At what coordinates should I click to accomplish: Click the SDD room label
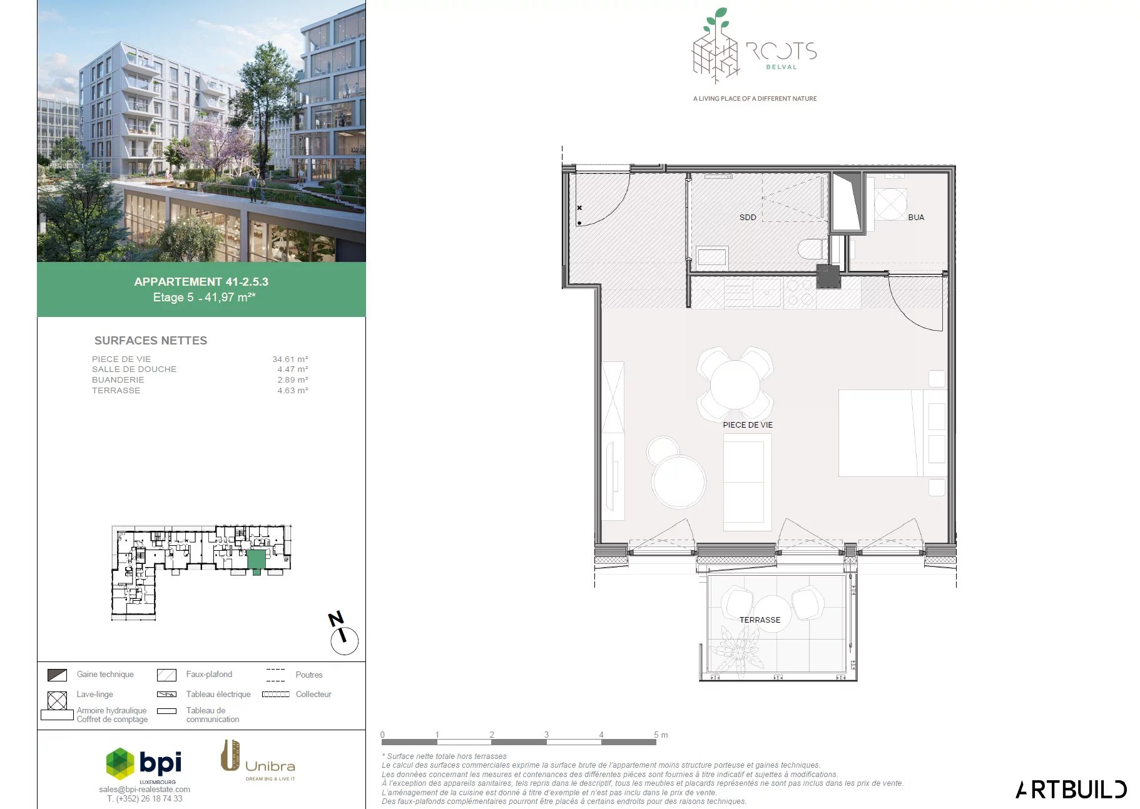(x=748, y=218)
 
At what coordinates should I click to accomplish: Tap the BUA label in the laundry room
(x=916, y=218)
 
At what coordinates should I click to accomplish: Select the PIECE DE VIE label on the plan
(x=748, y=425)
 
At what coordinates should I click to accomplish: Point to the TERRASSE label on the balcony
(x=760, y=620)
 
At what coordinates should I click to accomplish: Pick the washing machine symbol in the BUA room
(x=890, y=204)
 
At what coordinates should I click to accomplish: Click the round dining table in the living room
(x=735, y=383)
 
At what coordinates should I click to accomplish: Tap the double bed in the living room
(x=892, y=433)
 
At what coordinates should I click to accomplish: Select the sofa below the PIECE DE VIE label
(x=747, y=482)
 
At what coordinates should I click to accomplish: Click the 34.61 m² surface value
(x=290, y=359)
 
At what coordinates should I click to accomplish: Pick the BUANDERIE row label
(x=118, y=380)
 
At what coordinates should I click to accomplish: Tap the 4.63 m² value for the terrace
(x=293, y=391)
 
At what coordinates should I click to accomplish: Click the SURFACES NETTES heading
(x=151, y=341)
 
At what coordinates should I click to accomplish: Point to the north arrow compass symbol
(x=343, y=634)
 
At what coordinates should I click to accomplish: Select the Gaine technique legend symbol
(x=58, y=675)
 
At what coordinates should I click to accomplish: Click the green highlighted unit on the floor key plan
(x=256, y=560)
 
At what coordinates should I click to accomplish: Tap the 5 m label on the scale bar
(x=661, y=735)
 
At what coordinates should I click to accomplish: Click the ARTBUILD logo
(x=1071, y=790)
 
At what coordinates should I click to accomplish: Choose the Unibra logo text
(x=270, y=766)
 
